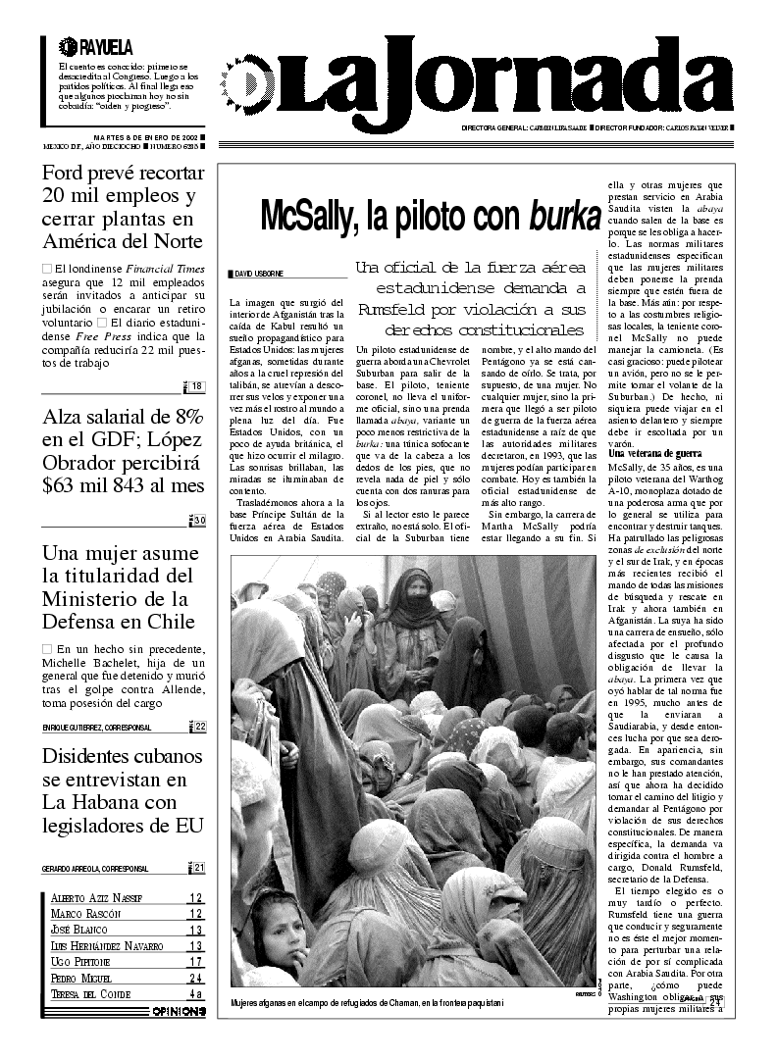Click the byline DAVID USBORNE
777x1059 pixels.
[259, 273]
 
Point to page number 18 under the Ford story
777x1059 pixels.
[197, 386]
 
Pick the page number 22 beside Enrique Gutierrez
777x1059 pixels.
[199, 727]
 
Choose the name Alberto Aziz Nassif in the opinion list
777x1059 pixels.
[96, 897]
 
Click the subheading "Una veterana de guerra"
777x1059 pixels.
[654, 453]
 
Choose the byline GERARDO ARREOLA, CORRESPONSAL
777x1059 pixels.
[95, 869]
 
